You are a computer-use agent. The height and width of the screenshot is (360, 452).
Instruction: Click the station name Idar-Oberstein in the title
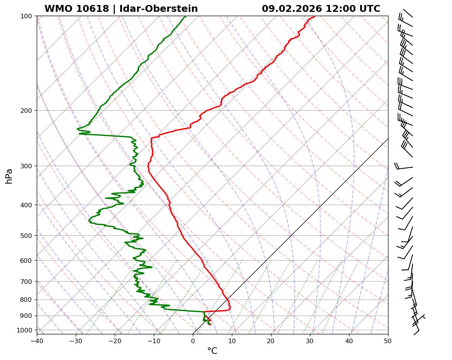(x=158, y=9)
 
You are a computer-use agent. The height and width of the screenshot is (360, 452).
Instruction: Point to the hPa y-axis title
(x=9, y=176)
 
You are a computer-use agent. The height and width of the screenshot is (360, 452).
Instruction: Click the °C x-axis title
(x=212, y=351)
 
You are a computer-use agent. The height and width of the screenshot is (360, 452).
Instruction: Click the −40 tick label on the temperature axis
(x=37, y=340)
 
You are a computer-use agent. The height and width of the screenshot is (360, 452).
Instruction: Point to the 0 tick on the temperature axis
(x=193, y=340)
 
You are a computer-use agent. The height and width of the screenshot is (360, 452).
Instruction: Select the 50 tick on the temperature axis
(x=388, y=340)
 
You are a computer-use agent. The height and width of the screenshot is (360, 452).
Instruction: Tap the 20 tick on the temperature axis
(x=271, y=340)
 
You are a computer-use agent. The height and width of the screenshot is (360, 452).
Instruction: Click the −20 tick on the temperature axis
(x=115, y=340)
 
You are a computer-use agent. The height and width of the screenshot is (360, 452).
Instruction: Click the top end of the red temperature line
(x=315, y=16)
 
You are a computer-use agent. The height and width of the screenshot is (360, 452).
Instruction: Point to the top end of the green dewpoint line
(x=186, y=16)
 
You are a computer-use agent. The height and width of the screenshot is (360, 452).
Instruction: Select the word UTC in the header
(x=370, y=9)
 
